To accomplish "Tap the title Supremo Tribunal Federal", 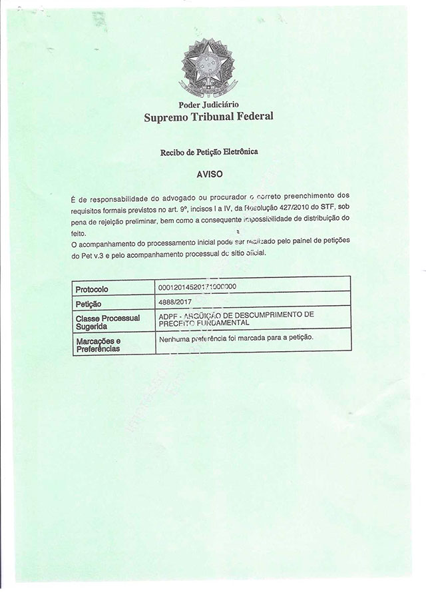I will [209, 118].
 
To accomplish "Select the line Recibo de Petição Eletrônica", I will [209, 153].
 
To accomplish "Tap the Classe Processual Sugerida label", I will [107, 322].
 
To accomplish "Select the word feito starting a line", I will [78, 229].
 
